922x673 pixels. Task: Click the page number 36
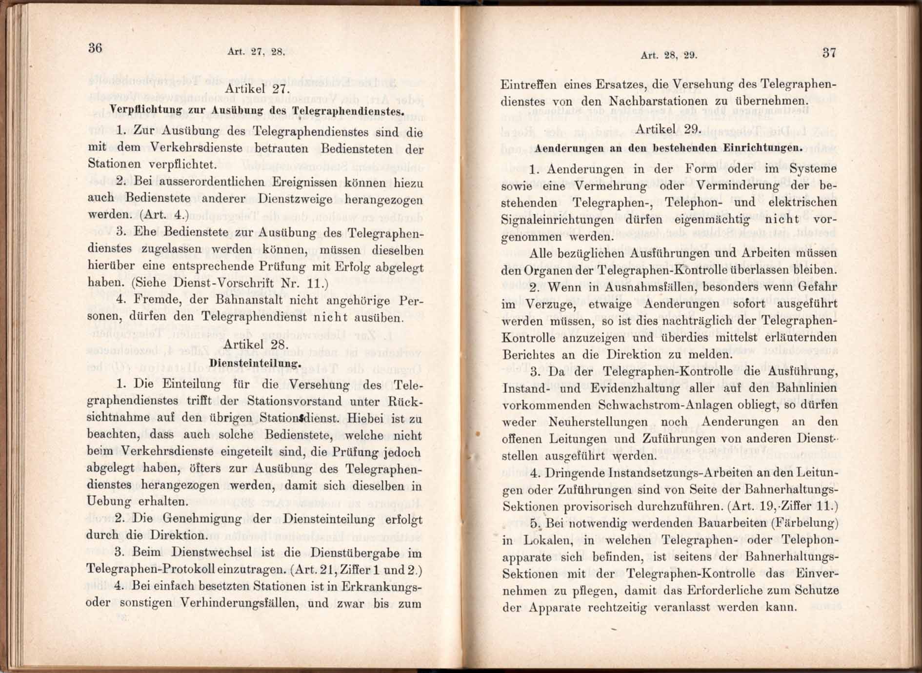point(95,48)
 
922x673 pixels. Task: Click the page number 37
point(829,53)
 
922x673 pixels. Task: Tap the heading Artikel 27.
point(258,89)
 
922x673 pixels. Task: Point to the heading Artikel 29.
point(669,129)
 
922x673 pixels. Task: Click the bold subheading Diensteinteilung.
point(255,363)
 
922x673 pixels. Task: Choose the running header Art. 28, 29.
point(669,55)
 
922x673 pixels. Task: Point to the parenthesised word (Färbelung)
point(805,523)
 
